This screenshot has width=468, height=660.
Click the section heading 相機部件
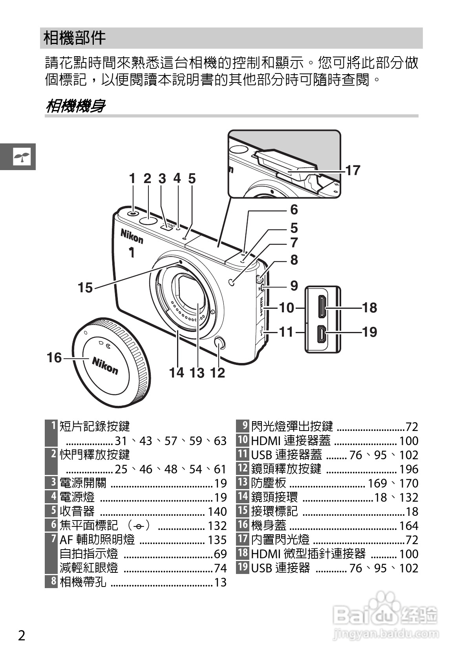[74, 38]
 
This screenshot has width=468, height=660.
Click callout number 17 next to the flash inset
[353, 170]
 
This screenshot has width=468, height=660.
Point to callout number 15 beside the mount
[85, 288]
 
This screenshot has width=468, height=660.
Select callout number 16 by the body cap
[54, 357]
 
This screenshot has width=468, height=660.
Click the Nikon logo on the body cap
[105, 366]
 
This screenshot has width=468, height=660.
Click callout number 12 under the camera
[218, 372]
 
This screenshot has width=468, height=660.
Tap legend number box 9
[243, 426]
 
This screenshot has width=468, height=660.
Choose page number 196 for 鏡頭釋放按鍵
[409, 469]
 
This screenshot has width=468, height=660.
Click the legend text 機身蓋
[269, 525]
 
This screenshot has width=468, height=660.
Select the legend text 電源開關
[83, 483]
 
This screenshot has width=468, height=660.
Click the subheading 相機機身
[75, 106]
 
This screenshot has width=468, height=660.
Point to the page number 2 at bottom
[22, 635]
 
